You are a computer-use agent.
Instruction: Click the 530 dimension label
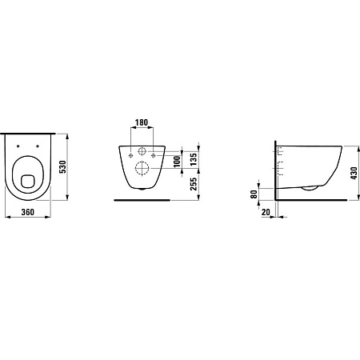(62, 167)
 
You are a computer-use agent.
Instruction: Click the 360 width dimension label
(28, 212)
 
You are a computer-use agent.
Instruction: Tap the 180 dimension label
(142, 122)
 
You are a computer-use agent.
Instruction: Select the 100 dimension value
(177, 162)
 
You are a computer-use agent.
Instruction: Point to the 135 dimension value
(194, 159)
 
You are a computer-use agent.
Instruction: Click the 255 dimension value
(194, 184)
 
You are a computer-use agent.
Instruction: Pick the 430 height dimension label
(354, 173)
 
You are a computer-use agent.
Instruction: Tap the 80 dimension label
(254, 194)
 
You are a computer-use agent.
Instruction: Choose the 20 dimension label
(266, 212)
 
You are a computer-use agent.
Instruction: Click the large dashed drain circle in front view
(142, 168)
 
